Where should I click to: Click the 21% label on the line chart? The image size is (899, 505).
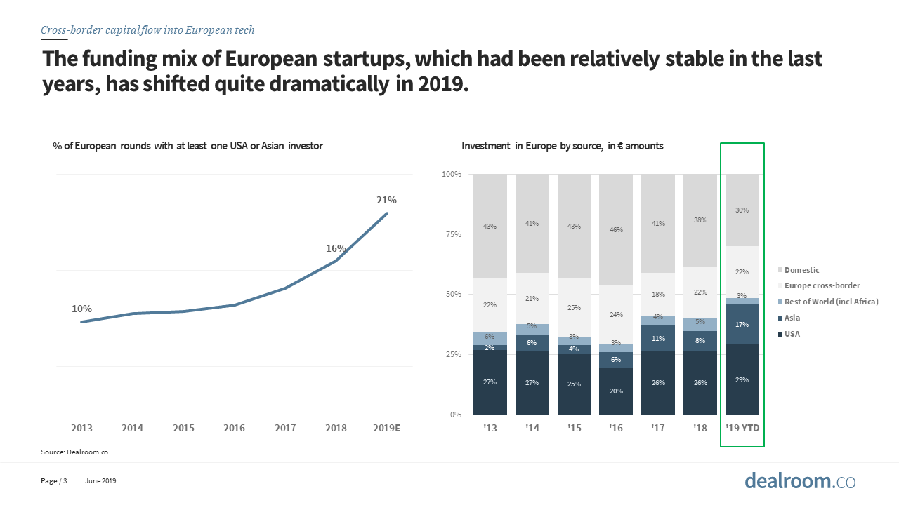(x=386, y=200)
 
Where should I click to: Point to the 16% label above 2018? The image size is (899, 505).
(x=336, y=248)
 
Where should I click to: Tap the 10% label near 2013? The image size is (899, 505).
(x=81, y=309)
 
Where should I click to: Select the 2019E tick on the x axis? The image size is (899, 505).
(x=386, y=428)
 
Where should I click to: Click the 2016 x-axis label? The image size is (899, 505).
(x=234, y=428)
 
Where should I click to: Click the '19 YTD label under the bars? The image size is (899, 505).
(x=742, y=428)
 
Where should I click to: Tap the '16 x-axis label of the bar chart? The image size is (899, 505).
(x=616, y=428)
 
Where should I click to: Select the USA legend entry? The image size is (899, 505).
(x=792, y=334)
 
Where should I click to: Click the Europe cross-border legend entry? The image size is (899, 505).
(x=822, y=285)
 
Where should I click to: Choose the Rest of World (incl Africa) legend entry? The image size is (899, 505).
(x=831, y=302)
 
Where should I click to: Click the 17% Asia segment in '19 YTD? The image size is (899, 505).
(x=742, y=324)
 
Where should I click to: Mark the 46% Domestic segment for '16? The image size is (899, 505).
(x=616, y=229)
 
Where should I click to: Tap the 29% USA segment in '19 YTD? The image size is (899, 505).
(x=742, y=379)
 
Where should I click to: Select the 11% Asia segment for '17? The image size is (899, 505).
(x=658, y=338)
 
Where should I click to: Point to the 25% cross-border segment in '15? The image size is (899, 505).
(x=574, y=307)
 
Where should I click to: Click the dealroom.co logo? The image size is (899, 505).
(x=800, y=481)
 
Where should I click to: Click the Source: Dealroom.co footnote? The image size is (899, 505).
(x=74, y=452)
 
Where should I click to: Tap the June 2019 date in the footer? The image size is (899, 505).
(x=100, y=481)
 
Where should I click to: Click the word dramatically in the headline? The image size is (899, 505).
(x=321, y=86)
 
